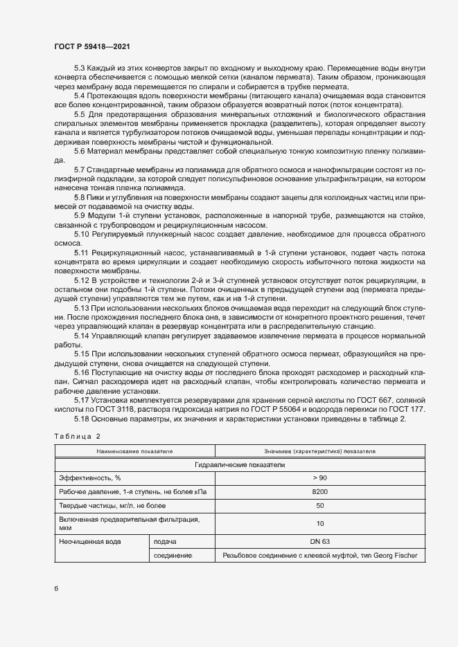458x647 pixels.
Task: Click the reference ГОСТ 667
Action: (x=358, y=401)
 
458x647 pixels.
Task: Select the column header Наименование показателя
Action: (x=134, y=450)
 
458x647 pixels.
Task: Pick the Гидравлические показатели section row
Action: (x=240, y=465)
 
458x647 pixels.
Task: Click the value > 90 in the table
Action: (x=319, y=478)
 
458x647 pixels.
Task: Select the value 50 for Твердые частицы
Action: (x=319, y=506)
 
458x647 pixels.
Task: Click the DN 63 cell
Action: (x=319, y=541)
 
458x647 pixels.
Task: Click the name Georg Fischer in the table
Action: (x=395, y=556)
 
